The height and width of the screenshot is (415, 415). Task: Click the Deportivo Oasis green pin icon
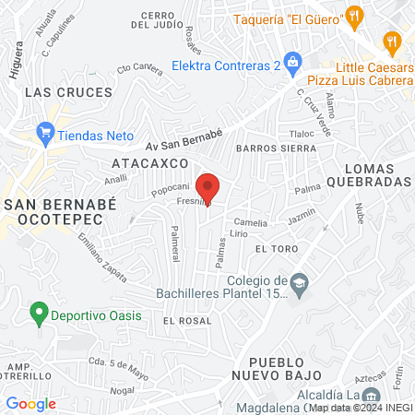[39, 314]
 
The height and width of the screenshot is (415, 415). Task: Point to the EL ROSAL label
[187, 320]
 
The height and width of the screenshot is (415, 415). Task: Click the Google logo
[30, 403]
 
